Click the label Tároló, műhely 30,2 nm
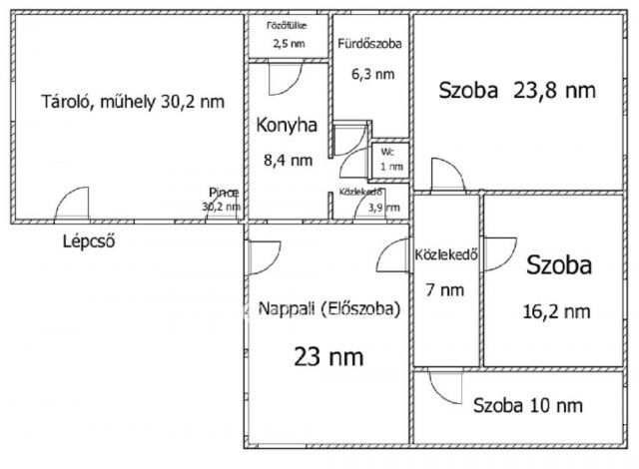tap(131, 101)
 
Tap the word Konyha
tap(287, 126)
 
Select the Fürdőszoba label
tap(368, 44)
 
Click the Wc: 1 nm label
tap(387, 159)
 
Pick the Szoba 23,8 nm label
tap(517, 90)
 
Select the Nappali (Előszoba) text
tap(328, 308)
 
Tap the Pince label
tap(223, 193)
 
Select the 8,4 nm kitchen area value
tap(286, 159)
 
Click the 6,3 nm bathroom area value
tap(369, 73)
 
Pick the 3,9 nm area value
tap(383, 207)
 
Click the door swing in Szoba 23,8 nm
tap(447, 175)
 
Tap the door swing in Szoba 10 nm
tap(444, 385)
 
